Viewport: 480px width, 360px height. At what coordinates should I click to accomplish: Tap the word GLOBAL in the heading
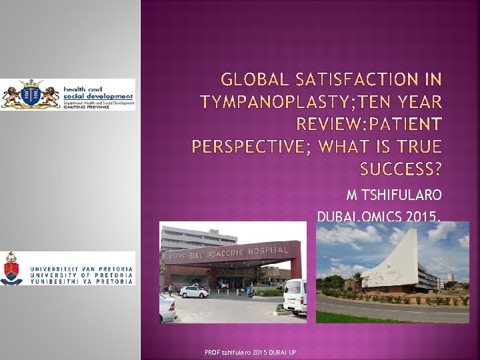257,81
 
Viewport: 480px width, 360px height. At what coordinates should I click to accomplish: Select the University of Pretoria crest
13,267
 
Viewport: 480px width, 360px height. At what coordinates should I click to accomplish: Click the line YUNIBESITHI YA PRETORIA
81,281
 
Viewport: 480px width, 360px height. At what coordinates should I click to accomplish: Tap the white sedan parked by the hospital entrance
194,291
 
